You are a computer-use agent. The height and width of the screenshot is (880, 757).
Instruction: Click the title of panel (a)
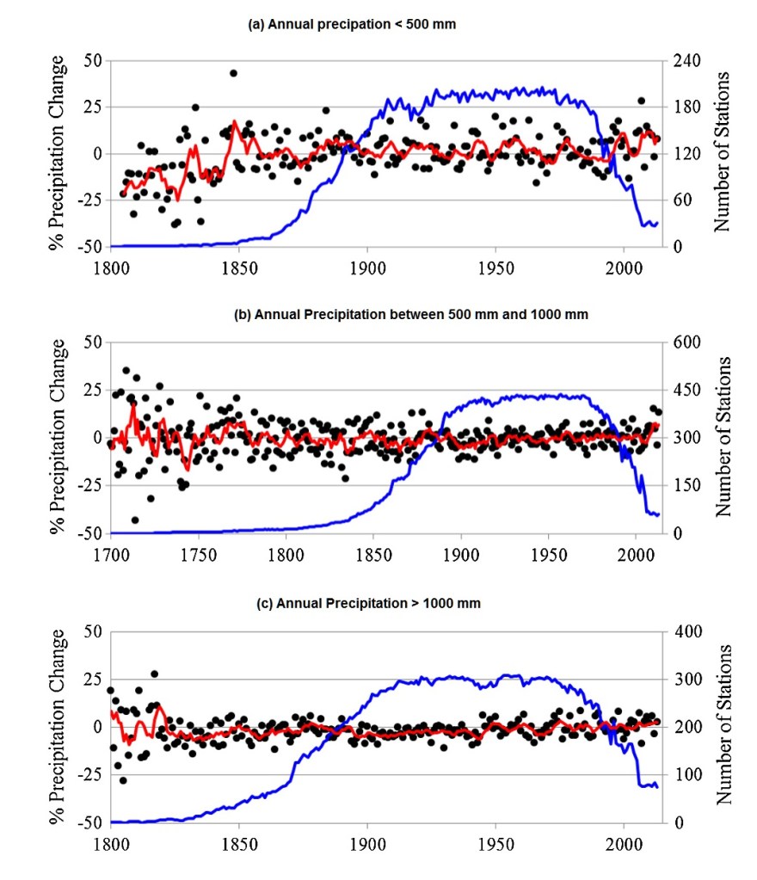pos(352,25)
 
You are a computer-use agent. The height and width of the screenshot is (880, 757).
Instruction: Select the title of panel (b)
pos(411,314)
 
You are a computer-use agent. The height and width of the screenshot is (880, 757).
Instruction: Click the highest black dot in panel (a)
pos(233,73)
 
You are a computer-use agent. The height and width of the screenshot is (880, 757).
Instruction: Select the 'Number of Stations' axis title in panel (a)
pos(723,152)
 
